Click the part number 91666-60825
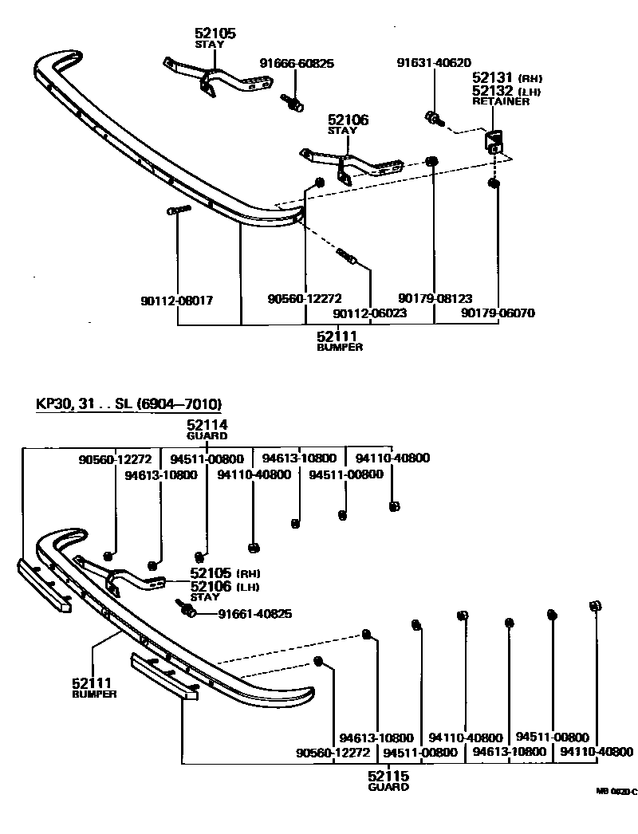click(x=297, y=63)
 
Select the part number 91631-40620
click(x=434, y=63)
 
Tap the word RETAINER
click(x=500, y=102)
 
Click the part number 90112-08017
click(x=176, y=300)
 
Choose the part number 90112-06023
click(x=370, y=313)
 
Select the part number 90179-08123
click(x=435, y=298)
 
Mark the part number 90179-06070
click(x=498, y=313)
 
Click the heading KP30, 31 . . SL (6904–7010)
click(x=128, y=403)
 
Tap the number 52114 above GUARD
click(x=207, y=424)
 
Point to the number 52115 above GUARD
click(x=388, y=775)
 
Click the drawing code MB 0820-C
click(x=617, y=792)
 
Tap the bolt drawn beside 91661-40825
click(x=190, y=610)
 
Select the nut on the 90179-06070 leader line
click(x=494, y=184)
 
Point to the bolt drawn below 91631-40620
click(x=434, y=119)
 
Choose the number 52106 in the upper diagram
click(x=347, y=120)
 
